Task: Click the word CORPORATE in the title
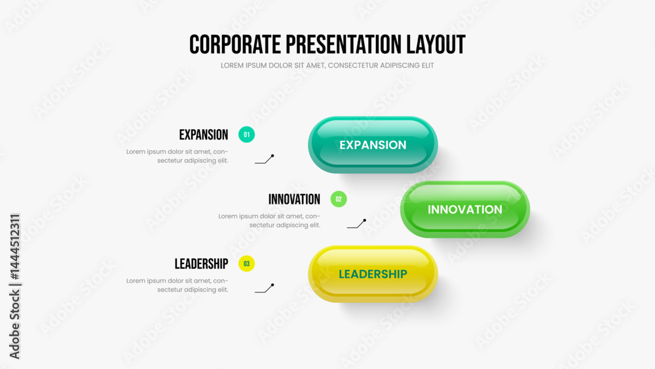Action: (235, 45)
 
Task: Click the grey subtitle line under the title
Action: (327, 66)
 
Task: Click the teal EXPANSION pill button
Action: (373, 145)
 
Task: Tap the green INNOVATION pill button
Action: (465, 209)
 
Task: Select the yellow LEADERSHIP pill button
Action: (373, 274)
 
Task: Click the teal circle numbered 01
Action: (246, 134)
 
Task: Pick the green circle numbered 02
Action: (339, 199)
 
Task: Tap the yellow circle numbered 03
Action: (246, 263)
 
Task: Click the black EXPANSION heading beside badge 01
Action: (204, 135)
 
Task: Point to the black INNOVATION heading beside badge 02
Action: (294, 199)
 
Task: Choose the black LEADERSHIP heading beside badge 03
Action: (201, 264)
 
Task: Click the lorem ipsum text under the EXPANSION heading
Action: (177, 156)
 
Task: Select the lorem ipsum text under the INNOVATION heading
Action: (269, 221)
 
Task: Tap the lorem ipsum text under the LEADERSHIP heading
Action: (177, 285)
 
